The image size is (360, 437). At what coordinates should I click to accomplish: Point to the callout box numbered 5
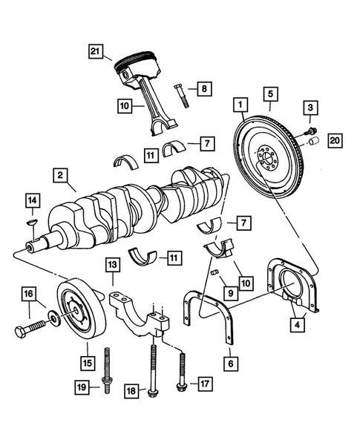click(270, 95)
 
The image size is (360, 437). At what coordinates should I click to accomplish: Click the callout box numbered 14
click(31, 200)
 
